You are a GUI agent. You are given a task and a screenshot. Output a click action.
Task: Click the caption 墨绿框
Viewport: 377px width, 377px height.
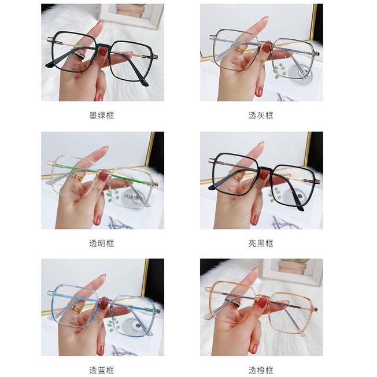click(x=102, y=115)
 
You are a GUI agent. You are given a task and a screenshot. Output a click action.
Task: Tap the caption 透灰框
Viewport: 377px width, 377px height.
click(x=261, y=115)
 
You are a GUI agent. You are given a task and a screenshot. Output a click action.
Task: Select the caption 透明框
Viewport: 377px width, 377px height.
click(x=102, y=243)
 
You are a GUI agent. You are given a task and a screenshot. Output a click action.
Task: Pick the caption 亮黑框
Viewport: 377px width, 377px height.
click(x=261, y=243)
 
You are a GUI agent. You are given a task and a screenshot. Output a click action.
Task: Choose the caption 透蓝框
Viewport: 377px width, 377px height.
click(x=102, y=370)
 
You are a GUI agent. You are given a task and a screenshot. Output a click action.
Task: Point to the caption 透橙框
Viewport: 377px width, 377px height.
click(x=261, y=370)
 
